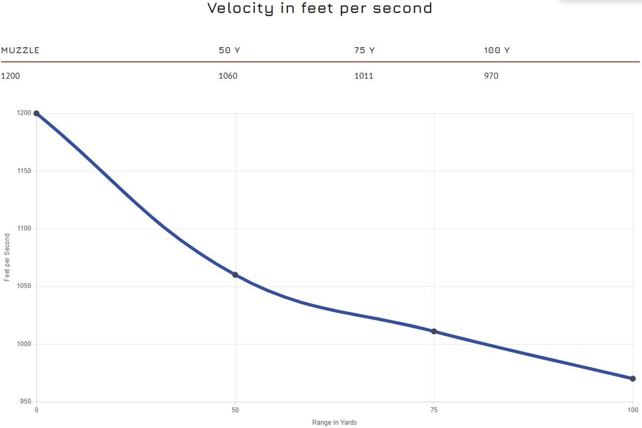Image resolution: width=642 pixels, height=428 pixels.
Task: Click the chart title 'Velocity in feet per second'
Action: point(320,8)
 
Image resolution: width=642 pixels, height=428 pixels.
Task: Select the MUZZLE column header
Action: point(21,50)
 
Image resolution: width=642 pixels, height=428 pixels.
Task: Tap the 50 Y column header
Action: point(229,50)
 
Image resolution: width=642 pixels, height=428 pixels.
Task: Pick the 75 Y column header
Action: point(364,50)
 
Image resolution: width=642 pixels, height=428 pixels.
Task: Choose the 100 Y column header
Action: point(496,50)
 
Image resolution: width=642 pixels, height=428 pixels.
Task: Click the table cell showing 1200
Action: point(10,75)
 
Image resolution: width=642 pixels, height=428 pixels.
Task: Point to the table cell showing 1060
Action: point(228,75)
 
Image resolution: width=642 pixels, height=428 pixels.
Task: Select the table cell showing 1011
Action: point(363,75)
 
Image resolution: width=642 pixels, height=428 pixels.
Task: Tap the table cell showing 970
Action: point(491,75)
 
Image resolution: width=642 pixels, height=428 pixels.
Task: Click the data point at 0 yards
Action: point(36,113)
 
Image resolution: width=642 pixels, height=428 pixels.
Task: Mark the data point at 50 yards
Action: point(235,274)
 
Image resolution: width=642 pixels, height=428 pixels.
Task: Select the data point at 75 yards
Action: point(434,331)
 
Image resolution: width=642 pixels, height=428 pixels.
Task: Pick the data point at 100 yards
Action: point(633,379)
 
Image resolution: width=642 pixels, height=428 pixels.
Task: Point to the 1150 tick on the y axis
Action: point(24,171)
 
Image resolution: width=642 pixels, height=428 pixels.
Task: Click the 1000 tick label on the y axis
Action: point(24,344)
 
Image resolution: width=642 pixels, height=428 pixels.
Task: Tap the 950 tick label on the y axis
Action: point(26,401)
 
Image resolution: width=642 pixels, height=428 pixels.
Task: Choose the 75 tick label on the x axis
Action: point(434,410)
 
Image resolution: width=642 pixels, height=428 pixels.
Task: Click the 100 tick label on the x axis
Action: point(633,410)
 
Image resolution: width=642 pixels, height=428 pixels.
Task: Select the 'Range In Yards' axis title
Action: point(335,422)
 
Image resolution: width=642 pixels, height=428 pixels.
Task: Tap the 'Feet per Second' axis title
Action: point(7,257)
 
